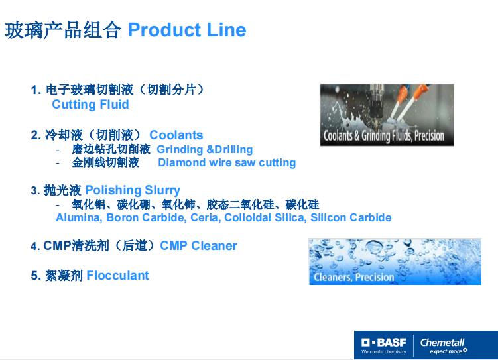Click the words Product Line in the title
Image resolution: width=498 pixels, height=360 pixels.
click(187, 30)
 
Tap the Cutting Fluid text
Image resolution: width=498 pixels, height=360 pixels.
click(91, 105)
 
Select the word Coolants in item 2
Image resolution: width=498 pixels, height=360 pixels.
click(176, 135)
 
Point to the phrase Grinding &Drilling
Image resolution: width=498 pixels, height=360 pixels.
click(205, 149)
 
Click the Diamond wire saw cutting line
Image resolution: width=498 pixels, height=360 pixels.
click(227, 162)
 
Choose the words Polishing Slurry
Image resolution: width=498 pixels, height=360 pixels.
click(133, 190)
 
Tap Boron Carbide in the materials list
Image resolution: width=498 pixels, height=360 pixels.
click(146, 217)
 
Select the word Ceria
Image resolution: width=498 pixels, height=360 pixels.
click(206, 217)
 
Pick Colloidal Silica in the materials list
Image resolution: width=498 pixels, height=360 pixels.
click(265, 217)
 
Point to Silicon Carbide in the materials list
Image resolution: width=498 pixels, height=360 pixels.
click(351, 217)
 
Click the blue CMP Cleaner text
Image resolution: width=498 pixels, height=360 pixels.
click(198, 246)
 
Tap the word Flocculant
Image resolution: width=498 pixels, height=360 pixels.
click(117, 276)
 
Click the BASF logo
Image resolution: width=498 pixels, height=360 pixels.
click(384, 345)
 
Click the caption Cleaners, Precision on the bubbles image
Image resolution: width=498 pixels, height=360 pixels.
click(354, 277)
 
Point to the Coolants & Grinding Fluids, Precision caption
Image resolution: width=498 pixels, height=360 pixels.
click(384, 135)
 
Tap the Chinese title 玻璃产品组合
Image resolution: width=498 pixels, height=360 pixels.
click(63, 30)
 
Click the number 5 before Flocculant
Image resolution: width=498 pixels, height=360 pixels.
click(34, 276)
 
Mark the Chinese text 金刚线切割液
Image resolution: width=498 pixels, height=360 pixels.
click(105, 162)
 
